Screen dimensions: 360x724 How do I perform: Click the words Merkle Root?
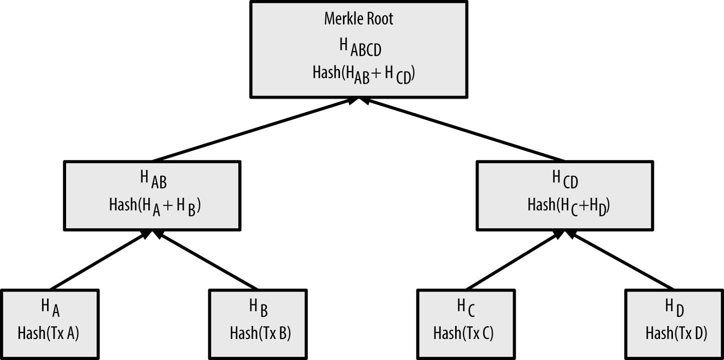[x=358, y=19]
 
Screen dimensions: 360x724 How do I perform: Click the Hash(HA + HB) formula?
[x=155, y=206]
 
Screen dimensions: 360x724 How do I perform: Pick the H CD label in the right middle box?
[x=564, y=179]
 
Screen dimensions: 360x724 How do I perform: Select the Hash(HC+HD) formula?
[x=568, y=206]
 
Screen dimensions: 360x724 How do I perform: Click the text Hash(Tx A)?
[x=49, y=333]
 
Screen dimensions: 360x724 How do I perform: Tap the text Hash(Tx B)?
[x=260, y=333]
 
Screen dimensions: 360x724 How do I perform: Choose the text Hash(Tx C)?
[x=463, y=333]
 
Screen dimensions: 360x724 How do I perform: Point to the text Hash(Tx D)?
[x=676, y=333]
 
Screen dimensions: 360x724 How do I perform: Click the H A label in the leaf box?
[x=51, y=307]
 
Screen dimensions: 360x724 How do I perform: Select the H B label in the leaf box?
[x=258, y=307]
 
